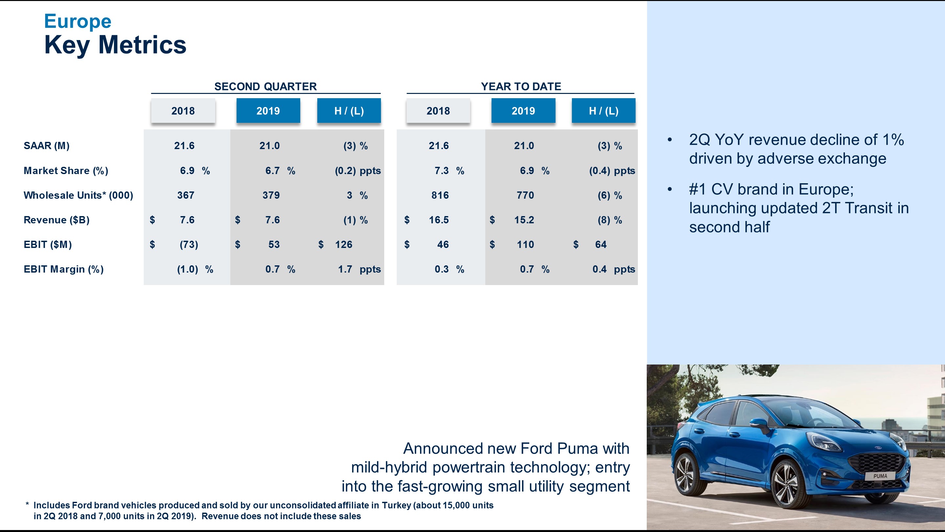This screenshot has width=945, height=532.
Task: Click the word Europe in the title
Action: point(77,21)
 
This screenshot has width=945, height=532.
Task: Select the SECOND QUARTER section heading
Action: point(265,87)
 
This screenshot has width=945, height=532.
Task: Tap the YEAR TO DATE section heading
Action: point(521,87)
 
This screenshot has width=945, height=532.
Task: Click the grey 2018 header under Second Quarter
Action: point(183,111)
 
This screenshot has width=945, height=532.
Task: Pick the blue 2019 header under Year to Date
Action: point(523,111)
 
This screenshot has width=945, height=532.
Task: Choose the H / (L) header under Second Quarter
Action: point(349,111)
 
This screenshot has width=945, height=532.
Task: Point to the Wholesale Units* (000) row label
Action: point(78,195)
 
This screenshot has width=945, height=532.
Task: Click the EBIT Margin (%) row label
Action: point(63,269)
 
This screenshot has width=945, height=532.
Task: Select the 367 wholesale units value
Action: point(186,195)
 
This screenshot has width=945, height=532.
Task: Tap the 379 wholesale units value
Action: point(271,195)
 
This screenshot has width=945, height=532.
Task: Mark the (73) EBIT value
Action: point(189,245)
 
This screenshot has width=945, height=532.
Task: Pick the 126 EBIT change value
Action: point(344,245)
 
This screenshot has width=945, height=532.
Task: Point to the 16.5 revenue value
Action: point(439,220)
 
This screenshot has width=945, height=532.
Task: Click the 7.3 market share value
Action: point(442,171)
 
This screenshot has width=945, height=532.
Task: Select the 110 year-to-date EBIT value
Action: point(525,245)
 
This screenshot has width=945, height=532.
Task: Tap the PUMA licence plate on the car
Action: point(880,476)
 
